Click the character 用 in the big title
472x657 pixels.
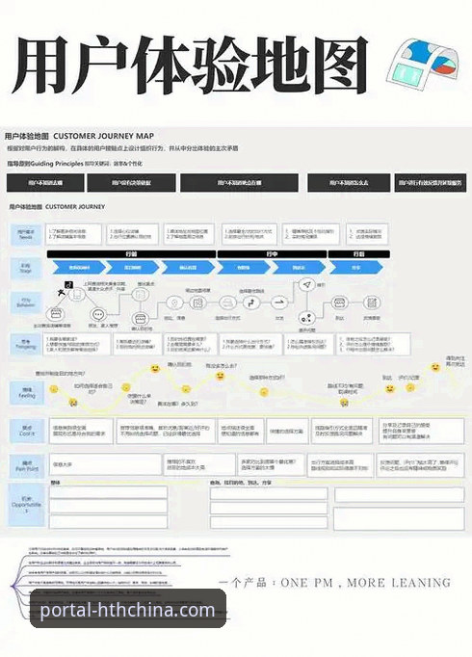pyautogui.click(x=49, y=70)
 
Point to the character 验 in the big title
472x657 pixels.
pyautogui.click(x=189, y=70)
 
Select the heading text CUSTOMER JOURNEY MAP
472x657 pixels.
pyautogui.click(x=103, y=137)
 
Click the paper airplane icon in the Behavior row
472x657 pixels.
pyautogui.click(x=306, y=285)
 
